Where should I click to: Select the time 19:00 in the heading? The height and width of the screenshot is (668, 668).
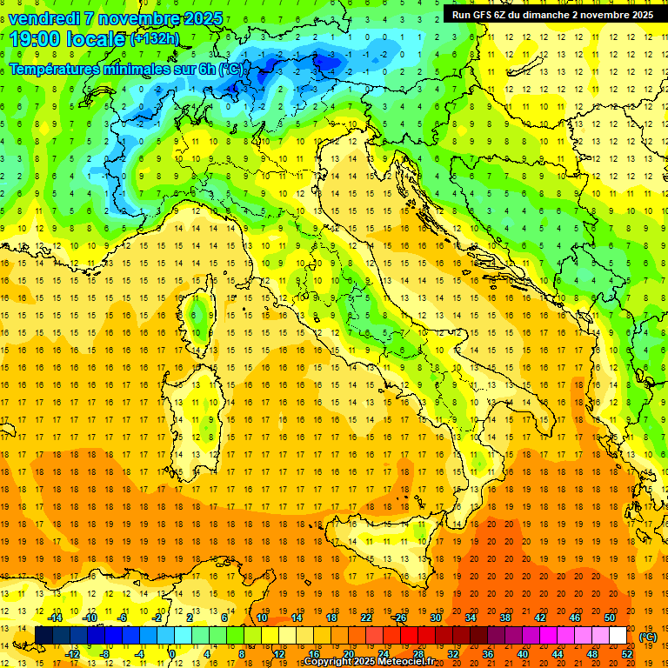pyautogui.click(x=35, y=39)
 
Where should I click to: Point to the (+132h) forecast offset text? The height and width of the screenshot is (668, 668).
pyautogui.click(x=155, y=39)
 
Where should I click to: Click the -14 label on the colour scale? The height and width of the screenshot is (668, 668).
pyautogui.click(x=54, y=618)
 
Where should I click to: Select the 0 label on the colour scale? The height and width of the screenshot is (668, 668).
pyautogui.click(x=172, y=654)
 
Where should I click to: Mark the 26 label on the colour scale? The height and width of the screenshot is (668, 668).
pyautogui.click(x=400, y=618)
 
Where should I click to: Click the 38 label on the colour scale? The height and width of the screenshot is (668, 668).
pyautogui.click(x=504, y=618)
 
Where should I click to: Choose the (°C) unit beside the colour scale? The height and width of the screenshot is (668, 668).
pyautogui.click(x=648, y=637)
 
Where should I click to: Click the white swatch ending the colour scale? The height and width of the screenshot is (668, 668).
pyautogui.click(x=618, y=636)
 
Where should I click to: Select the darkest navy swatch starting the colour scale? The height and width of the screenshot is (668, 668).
pyautogui.click(x=43, y=636)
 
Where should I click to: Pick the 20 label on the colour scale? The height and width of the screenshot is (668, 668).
pyautogui.click(x=348, y=654)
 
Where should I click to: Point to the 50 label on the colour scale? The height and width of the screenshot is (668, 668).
pyautogui.click(x=610, y=618)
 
